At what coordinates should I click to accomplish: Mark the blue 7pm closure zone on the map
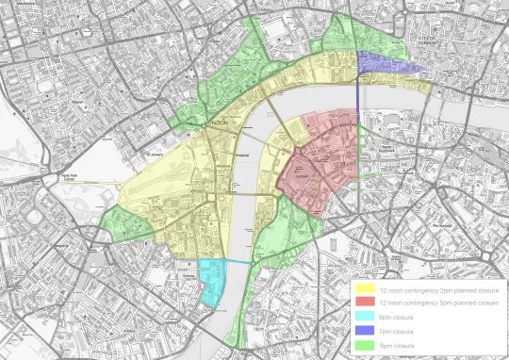pos(386,64)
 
